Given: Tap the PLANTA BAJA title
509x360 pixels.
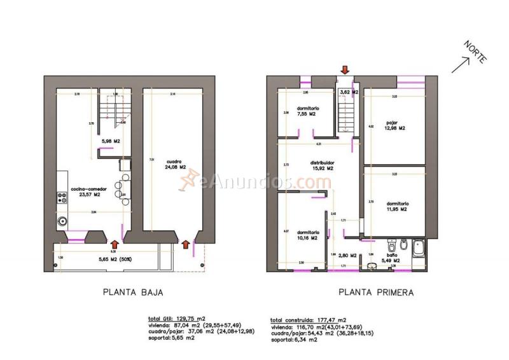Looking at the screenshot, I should (x=134, y=293).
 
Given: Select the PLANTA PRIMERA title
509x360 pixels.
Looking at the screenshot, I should (x=375, y=293).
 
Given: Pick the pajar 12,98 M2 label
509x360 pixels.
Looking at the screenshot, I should (x=395, y=125).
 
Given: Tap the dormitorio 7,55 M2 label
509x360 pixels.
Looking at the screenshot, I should (x=308, y=111).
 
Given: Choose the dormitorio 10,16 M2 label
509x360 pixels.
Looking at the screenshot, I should (x=307, y=235).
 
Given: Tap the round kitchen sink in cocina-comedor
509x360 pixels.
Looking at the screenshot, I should (x=62, y=222).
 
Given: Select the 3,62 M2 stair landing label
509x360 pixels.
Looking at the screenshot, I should (x=349, y=93).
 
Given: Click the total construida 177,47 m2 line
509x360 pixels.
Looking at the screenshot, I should (x=308, y=319).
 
